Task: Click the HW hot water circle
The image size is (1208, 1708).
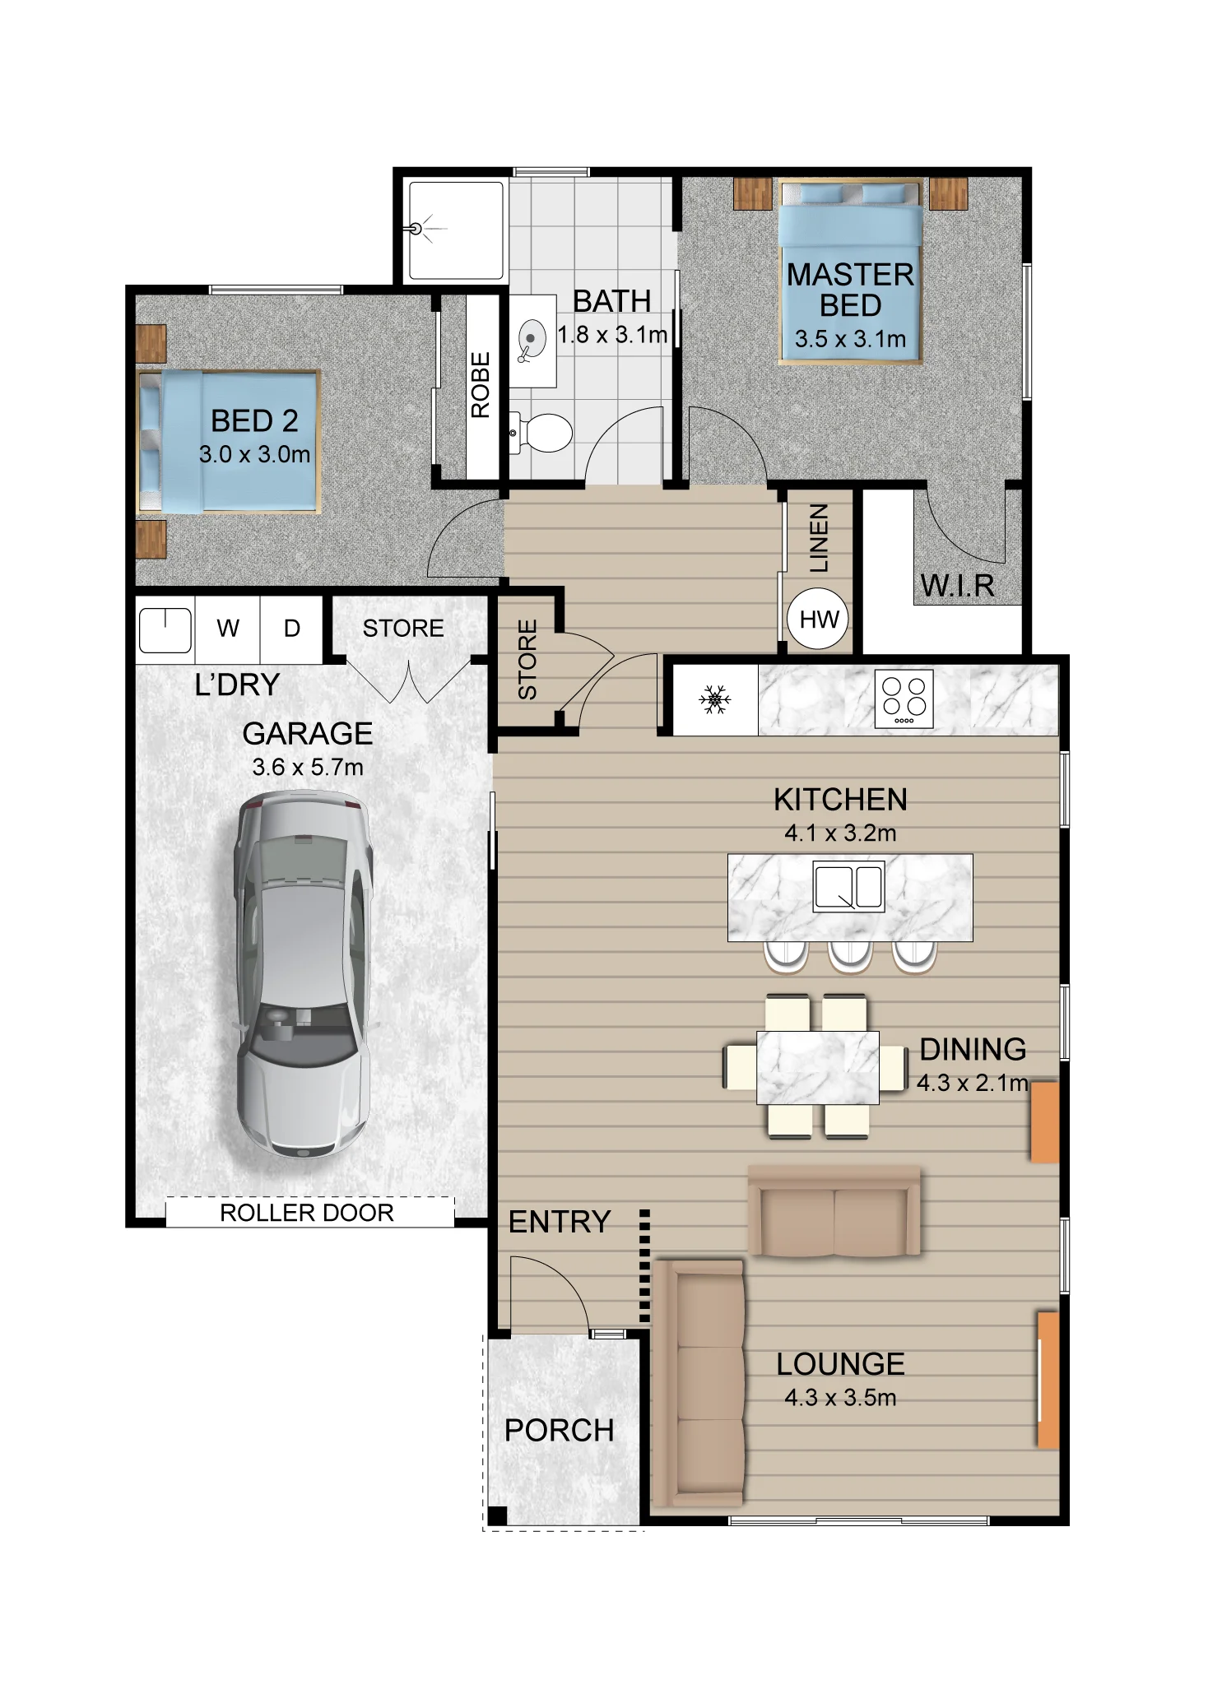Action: click(818, 619)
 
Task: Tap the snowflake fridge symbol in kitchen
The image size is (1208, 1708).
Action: click(714, 699)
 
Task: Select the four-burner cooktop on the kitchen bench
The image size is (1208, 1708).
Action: click(904, 699)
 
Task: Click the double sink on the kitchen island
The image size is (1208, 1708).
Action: click(848, 886)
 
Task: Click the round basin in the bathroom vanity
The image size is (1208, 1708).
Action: click(532, 338)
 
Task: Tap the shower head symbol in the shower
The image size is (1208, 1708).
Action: click(417, 230)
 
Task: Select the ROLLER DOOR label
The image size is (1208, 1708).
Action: click(306, 1213)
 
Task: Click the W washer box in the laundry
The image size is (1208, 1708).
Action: click(228, 629)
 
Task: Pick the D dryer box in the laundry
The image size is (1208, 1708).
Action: click(291, 629)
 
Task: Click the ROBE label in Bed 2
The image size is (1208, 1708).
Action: click(481, 385)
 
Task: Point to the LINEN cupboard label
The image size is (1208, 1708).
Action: click(819, 538)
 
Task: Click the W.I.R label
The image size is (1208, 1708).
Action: click(957, 586)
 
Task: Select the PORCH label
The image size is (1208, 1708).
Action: click(559, 1430)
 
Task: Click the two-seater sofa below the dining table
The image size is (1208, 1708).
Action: click(834, 1211)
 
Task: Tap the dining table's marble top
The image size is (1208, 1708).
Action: click(817, 1067)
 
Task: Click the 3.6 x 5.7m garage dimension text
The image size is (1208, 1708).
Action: click(307, 768)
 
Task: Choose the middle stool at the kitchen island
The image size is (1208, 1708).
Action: click(850, 955)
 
